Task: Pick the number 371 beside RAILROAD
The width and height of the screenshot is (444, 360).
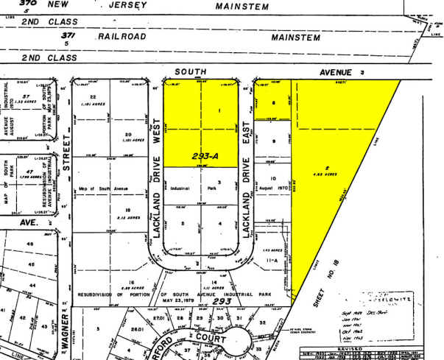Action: coord(68,35)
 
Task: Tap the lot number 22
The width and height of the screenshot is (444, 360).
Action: coord(94,97)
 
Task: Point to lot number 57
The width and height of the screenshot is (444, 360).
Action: coord(26,96)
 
